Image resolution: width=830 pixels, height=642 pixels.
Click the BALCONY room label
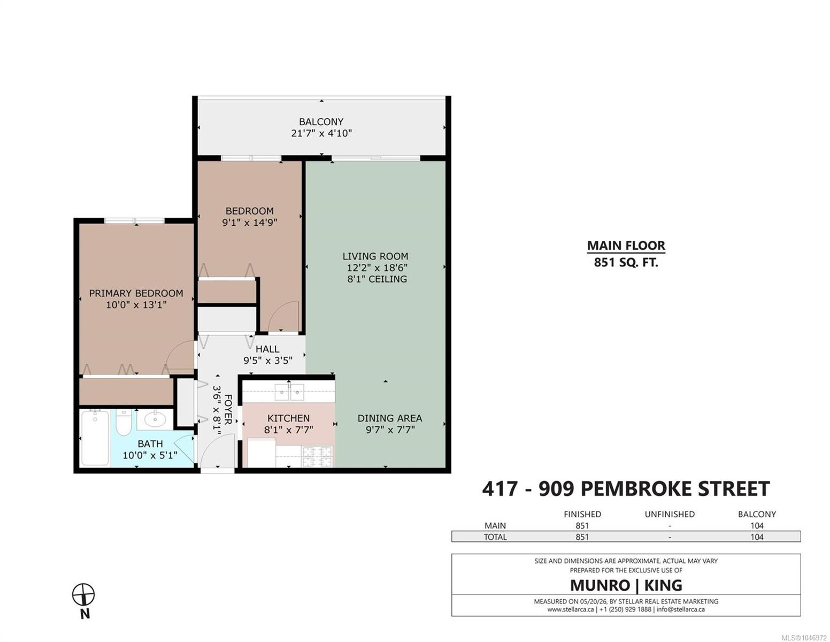(x=321, y=121)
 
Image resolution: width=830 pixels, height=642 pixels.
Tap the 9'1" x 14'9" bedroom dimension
(x=249, y=222)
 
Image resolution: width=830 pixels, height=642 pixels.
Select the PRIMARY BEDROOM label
(x=136, y=293)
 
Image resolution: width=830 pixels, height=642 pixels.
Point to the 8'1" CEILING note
(x=376, y=279)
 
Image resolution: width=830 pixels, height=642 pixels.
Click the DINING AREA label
(x=390, y=418)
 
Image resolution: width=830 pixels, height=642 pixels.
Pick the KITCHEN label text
(x=288, y=418)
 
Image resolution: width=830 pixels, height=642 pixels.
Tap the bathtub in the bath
(x=95, y=438)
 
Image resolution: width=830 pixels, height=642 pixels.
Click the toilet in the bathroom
(x=124, y=423)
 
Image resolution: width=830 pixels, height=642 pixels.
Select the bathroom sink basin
(x=155, y=420)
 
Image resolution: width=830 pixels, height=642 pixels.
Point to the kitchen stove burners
(x=317, y=457)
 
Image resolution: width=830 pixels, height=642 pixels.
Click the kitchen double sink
(x=289, y=392)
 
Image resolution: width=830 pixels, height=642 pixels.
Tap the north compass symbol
(x=83, y=594)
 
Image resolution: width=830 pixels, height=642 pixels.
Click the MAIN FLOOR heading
(x=626, y=246)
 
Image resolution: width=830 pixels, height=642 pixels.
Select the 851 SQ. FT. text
(x=626, y=263)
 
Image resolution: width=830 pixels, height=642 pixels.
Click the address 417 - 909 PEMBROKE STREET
(x=626, y=489)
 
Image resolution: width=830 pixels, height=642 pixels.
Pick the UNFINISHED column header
(x=669, y=514)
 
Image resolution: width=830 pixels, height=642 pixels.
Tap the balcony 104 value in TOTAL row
(x=757, y=537)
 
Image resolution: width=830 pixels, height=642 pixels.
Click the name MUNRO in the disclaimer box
(x=600, y=585)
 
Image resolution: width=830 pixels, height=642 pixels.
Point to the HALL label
(x=267, y=349)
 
